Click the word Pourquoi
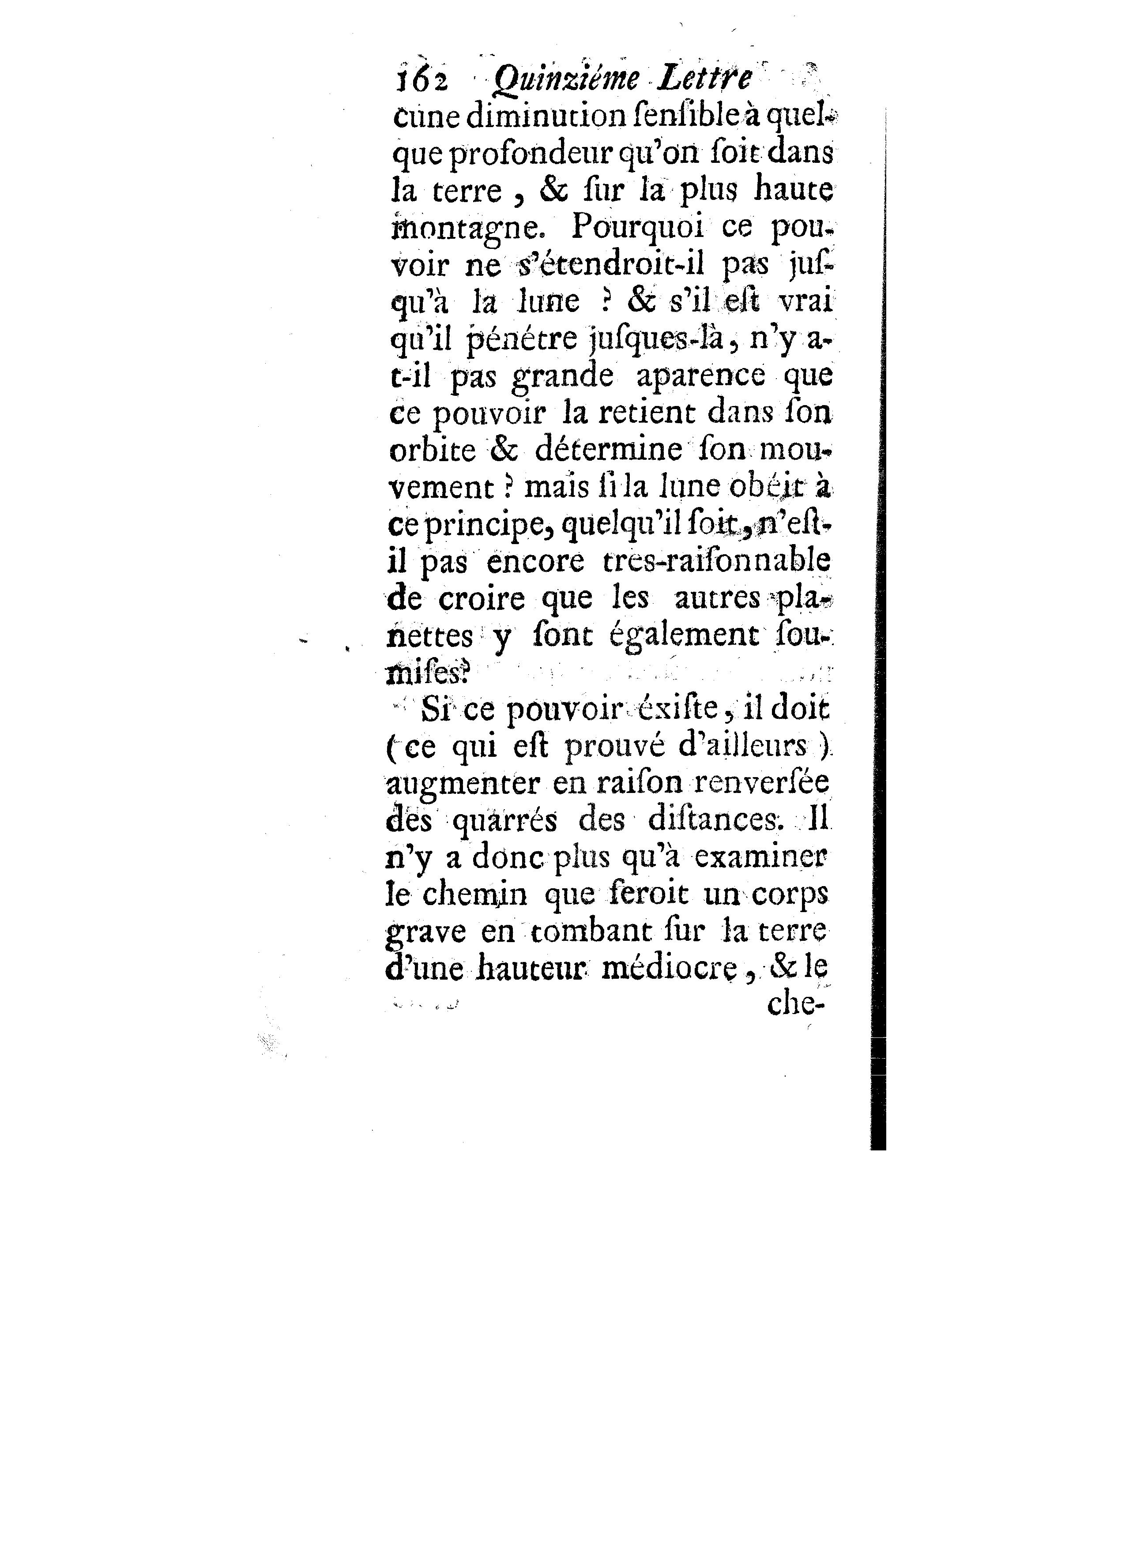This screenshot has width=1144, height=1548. click(x=647, y=229)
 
